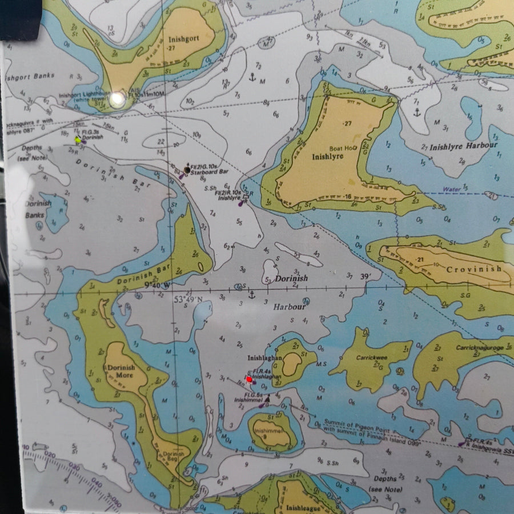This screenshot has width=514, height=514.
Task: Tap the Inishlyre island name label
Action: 328,156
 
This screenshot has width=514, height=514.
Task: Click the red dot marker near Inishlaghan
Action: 249,379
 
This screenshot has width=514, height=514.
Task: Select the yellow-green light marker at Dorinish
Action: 78,139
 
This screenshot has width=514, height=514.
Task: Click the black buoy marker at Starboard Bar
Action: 187,170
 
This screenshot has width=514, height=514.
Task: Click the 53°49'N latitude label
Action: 187,300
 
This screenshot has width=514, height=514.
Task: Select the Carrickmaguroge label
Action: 479,347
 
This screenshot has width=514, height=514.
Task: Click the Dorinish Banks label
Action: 38,208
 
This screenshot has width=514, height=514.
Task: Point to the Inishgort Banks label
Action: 30,76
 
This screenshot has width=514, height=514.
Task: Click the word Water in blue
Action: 451,189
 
